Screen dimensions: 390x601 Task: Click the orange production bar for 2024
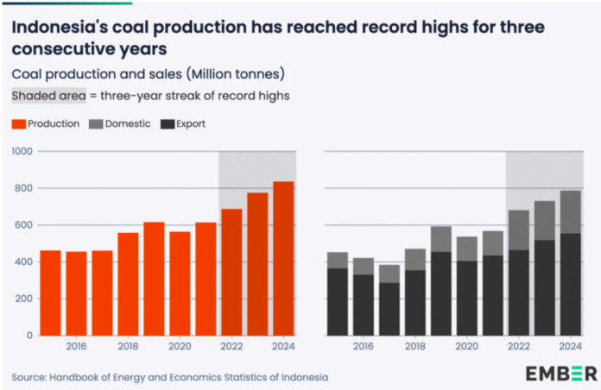284,258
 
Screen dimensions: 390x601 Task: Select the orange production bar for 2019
154,278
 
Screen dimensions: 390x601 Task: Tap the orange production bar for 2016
77,292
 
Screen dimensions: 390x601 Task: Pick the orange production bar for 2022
231,271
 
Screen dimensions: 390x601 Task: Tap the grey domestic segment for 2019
441,239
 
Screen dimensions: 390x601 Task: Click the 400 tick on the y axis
23,261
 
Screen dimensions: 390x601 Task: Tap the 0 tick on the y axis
28,335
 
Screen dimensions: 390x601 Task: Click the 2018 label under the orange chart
129,348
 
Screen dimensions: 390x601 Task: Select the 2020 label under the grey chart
467,348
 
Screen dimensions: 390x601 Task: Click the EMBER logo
560,373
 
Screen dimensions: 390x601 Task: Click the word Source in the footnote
31,377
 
